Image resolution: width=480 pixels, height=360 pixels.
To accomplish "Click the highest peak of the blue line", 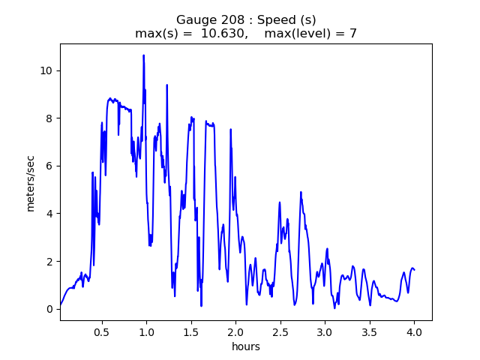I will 143,55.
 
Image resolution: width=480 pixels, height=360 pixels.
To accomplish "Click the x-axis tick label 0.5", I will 101,331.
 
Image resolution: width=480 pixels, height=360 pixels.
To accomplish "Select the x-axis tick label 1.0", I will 146,331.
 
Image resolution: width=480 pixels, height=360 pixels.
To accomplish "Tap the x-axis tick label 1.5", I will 191,331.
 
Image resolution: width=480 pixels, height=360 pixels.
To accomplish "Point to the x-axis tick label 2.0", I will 235,331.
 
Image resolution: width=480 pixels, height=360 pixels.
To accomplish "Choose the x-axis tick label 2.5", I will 280,331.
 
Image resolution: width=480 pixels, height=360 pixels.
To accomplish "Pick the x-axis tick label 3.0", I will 325,331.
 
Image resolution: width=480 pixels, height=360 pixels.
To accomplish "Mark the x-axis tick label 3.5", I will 369,331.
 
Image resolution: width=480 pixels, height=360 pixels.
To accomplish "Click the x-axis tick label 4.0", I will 414,331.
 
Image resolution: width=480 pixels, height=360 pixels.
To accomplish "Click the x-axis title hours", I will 245,346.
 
